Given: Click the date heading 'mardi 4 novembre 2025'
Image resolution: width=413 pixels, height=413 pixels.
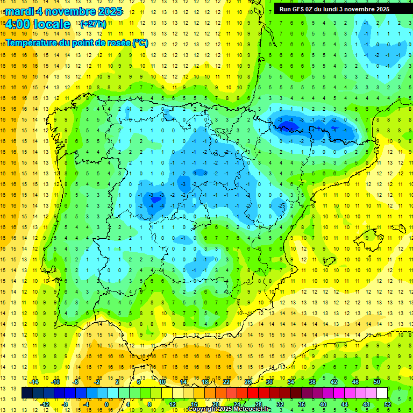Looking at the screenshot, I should pyautogui.click(x=64, y=11).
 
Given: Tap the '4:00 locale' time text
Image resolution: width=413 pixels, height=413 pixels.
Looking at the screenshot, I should pyautogui.click(x=38, y=24).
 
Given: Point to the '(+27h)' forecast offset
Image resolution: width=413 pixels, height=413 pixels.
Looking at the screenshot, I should pyautogui.click(x=93, y=24).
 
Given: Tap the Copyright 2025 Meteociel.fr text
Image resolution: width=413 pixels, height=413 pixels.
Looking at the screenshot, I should pyautogui.click(x=230, y=409).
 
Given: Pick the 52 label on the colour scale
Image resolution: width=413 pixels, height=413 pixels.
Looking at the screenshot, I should pyautogui.click(x=388, y=404).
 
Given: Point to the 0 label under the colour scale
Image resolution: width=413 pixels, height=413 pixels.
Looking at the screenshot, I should pyautogui.click(x=106, y=404).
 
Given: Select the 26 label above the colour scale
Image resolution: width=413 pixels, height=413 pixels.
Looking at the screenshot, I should pyautogui.click(x=248, y=382).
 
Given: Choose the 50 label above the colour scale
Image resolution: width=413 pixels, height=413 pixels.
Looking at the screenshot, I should pyautogui.click(x=377, y=382).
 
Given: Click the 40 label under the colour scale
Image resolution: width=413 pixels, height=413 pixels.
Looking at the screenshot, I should pyautogui.click(x=323, y=404).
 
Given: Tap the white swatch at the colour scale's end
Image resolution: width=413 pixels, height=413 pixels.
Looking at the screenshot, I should pyautogui.click(x=382, y=393).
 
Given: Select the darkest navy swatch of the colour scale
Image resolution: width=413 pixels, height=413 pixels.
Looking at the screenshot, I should pyautogui.click(x=27, y=393).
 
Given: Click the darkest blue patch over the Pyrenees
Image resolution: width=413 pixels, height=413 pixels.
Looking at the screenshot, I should pyautogui.click(x=288, y=126).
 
